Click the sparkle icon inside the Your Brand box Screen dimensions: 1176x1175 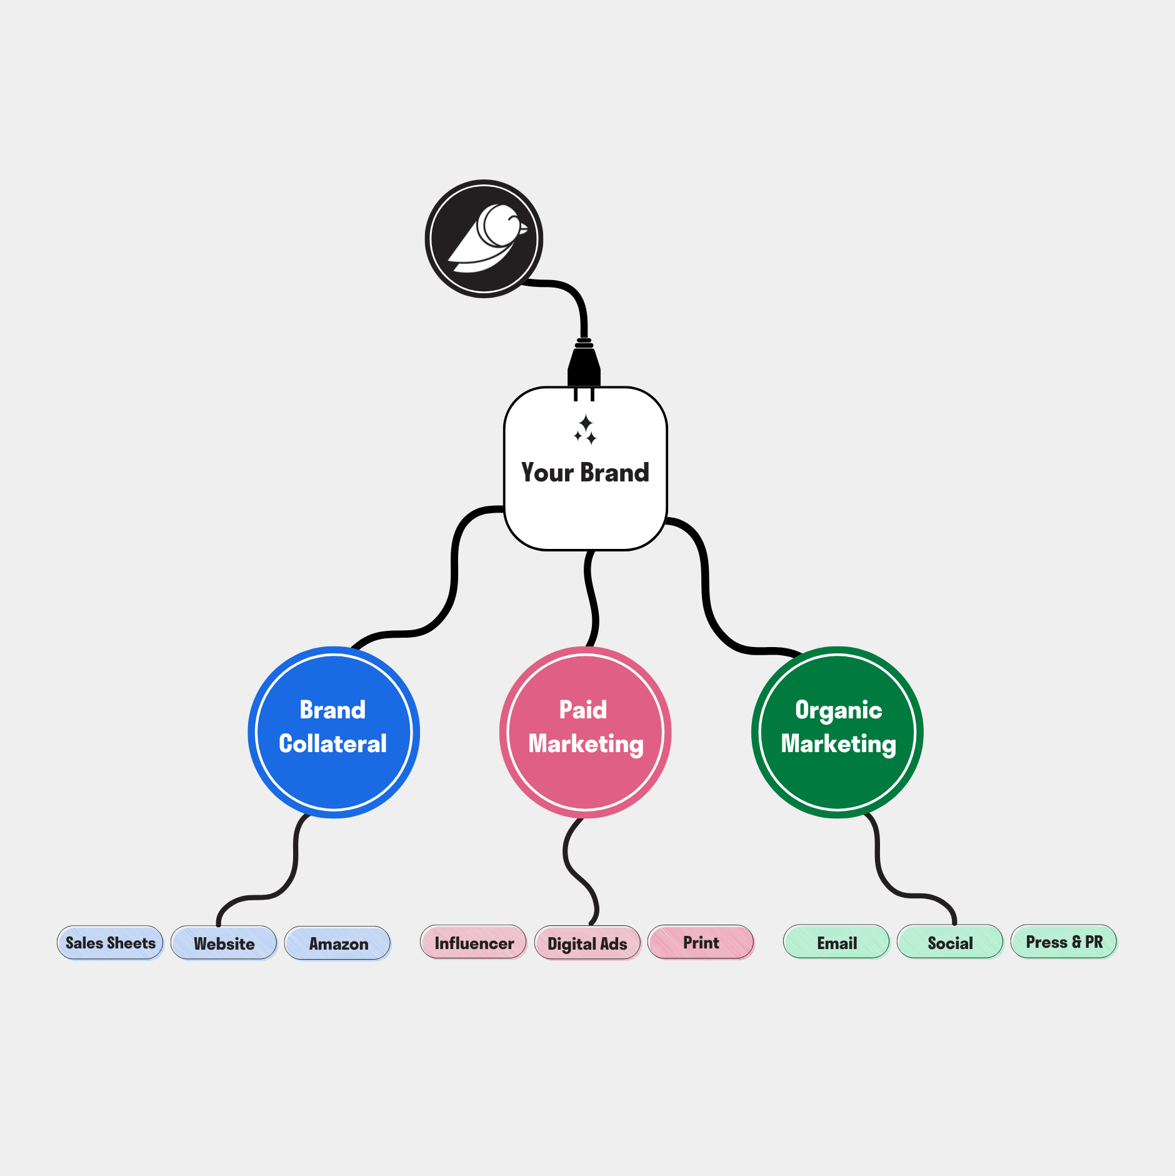[x=586, y=430]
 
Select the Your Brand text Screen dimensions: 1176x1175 [x=585, y=473]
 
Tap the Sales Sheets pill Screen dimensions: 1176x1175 [x=111, y=943]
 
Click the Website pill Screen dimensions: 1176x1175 [x=224, y=943]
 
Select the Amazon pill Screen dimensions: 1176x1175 [x=338, y=943]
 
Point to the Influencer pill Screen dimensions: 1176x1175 [x=474, y=943]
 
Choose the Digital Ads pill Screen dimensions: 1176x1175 [x=587, y=943]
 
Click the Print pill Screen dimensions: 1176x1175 [x=701, y=942]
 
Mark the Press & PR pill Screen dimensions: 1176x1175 [x=1064, y=942]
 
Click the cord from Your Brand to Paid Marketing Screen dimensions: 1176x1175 [x=592, y=600]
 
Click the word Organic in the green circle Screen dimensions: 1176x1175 [x=838, y=710]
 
